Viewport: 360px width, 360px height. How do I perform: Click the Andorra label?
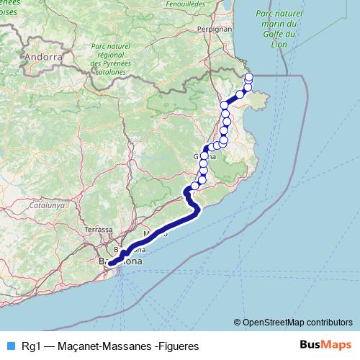tap(43, 56)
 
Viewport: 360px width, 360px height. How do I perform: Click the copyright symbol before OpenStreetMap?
tap(238, 322)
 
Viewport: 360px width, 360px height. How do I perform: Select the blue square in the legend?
tap(10, 346)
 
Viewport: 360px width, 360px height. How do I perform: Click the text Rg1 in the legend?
tap(30, 346)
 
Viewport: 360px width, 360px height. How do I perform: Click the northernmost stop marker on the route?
tap(249, 77)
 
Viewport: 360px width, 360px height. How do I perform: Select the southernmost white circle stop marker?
tap(194, 186)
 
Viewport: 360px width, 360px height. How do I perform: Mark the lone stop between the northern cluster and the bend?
tap(240, 94)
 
